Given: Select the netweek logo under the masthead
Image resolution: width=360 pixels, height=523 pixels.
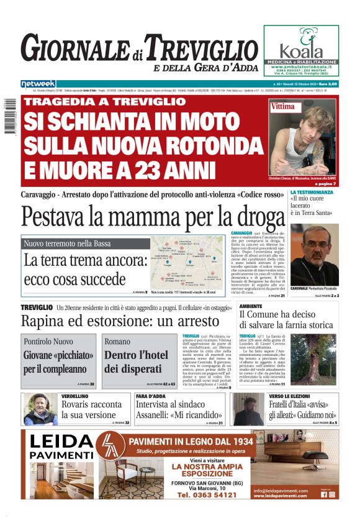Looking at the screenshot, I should pyautogui.click(x=38, y=83).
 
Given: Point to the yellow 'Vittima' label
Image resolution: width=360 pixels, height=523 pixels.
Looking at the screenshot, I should pyautogui.click(x=283, y=107).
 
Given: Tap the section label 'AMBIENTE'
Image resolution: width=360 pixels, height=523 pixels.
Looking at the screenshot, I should pyautogui.click(x=251, y=306).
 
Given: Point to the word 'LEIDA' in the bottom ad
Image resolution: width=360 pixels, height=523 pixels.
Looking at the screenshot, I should pyautogui.click(x=60, y=442).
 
